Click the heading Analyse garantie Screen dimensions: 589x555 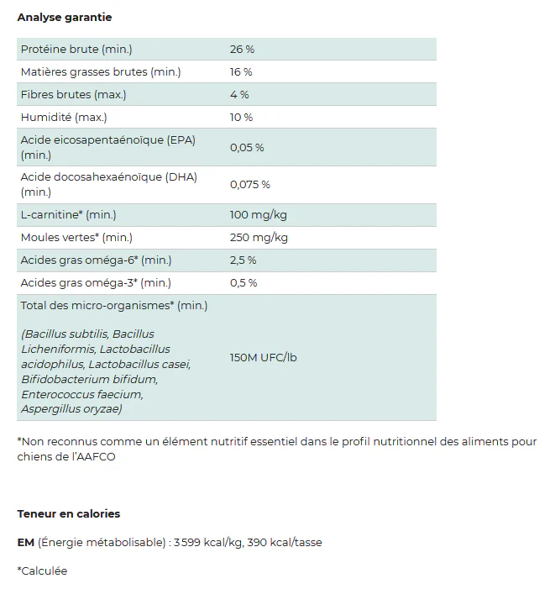click(65, 17)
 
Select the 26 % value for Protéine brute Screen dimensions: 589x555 click(242, 50)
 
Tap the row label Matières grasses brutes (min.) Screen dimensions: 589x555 click(101, 72)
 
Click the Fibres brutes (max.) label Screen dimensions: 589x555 click(74, 95)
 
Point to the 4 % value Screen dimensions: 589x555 click(239, 95)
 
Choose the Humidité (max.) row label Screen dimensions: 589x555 click(64, 118)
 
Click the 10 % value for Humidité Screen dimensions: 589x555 click(241, 118)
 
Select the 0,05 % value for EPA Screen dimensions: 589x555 click(247, 148)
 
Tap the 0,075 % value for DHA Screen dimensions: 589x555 click(250, 185)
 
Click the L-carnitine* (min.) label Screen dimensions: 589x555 click(69, 215)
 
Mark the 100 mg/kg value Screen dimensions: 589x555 click(257, 215)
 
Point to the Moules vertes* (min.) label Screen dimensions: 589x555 click(76, 238)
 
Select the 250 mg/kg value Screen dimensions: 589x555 click(259, 238)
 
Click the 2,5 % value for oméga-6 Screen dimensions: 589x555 click(243, 260)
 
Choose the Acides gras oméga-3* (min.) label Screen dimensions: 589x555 click(96, 283)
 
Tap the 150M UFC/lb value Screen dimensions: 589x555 click(263, 358)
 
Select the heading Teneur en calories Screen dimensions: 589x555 click(69, 513)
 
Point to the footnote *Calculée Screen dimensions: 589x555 click(42, 571)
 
